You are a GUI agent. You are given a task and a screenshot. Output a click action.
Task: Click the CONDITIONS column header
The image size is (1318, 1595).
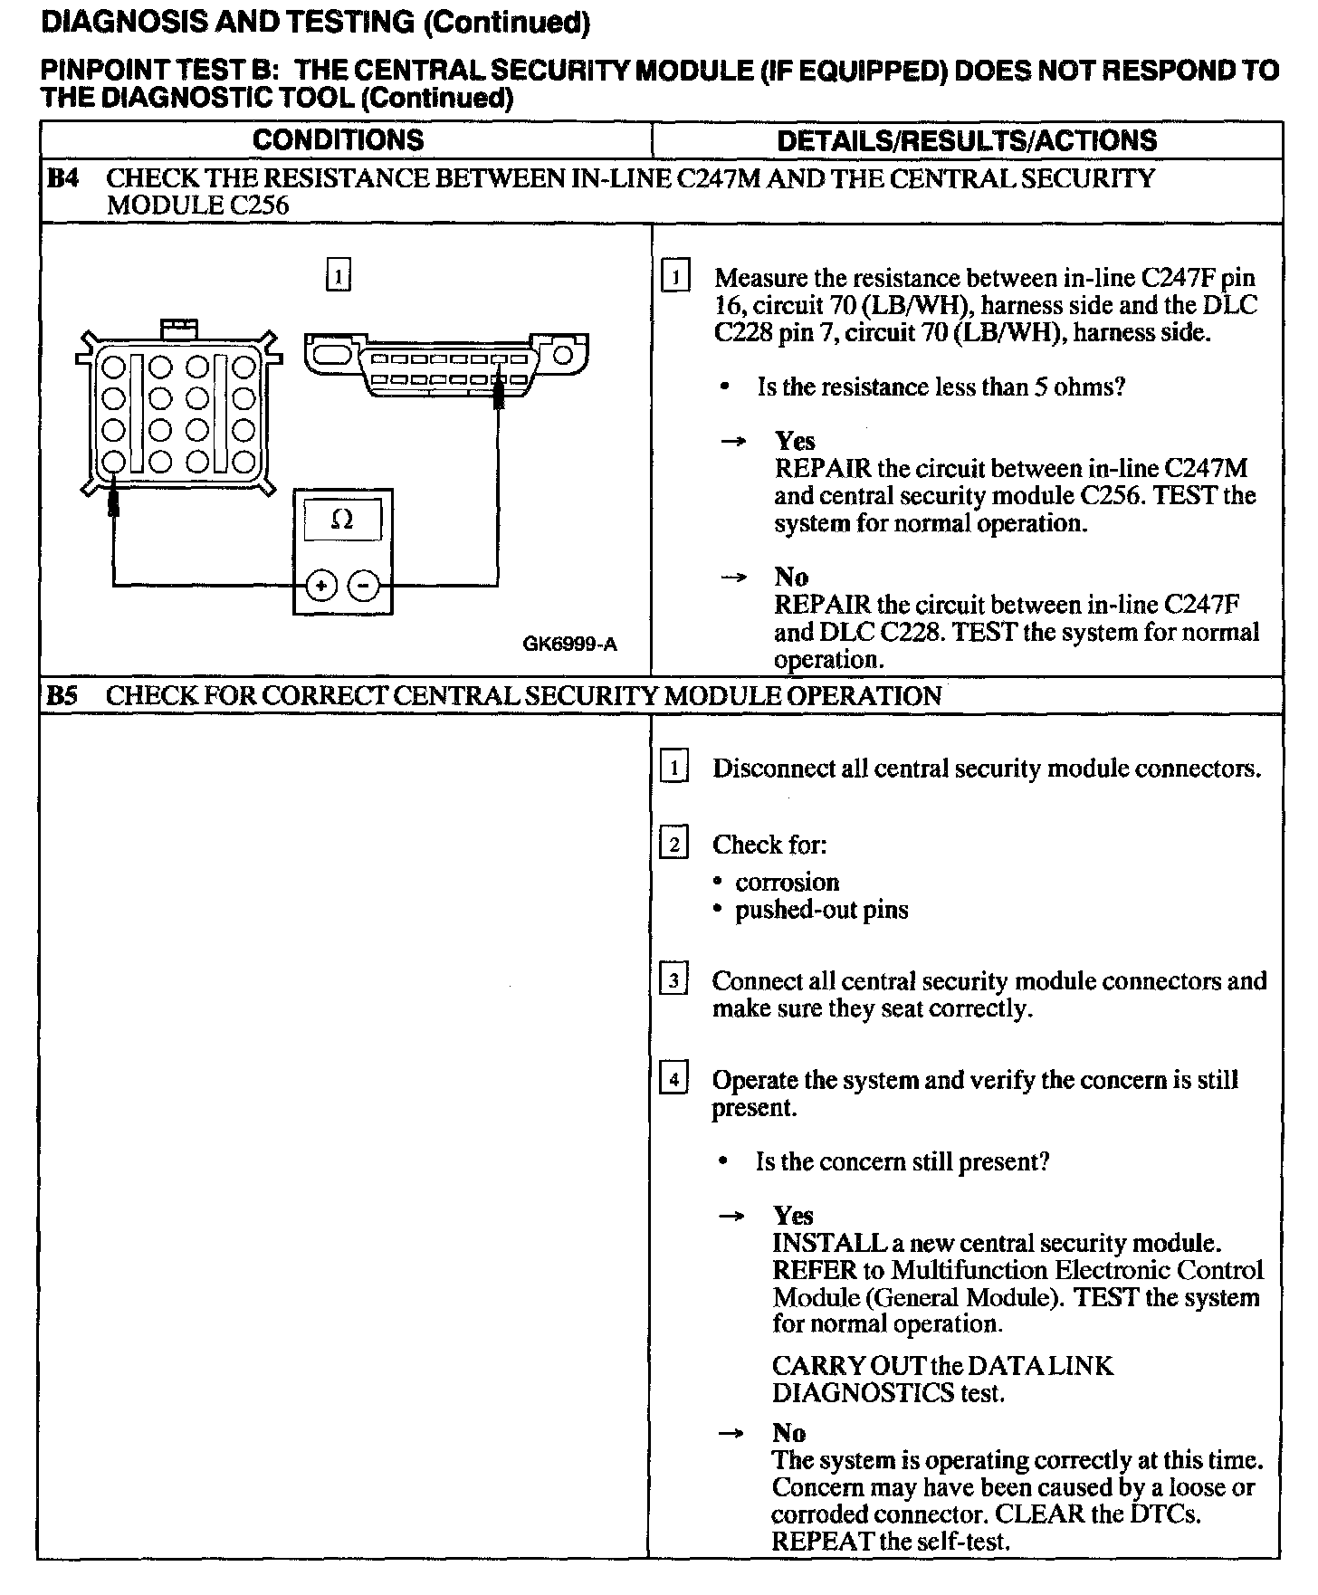click(x=338, y=140)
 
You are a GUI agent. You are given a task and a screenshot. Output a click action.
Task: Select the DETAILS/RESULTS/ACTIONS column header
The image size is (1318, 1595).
click(x=966, y=140)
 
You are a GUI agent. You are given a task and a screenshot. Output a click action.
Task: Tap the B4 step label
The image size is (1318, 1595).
click(x=63, y=178)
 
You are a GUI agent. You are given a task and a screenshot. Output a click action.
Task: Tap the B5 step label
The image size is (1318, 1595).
click(x=63, y=696)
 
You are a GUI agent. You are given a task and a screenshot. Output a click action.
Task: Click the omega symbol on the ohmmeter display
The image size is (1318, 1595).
click(x=342, y=520)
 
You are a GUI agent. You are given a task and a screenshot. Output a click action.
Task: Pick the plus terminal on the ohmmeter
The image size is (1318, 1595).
click(x=320, y=586)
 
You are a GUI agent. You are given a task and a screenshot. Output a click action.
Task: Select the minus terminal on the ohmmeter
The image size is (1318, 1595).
click(x=364, y=586)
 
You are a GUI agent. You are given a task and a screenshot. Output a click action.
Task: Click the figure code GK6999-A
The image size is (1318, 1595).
click(x=569, y=645)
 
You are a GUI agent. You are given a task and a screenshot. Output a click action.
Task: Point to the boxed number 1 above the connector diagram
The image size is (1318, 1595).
click(x=338, y=275)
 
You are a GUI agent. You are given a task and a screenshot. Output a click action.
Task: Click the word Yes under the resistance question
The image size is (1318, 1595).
click(x=795, y=441)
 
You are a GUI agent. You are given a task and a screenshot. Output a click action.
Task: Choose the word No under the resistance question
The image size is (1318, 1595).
click(x=791, y=577)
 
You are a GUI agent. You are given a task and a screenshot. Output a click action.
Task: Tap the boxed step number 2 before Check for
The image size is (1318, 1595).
click(x=673, y=845)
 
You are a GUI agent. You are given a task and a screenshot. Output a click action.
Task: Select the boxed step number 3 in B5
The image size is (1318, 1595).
click(x=673, y=980)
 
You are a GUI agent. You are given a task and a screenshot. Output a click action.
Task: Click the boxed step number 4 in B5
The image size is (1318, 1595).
click(x=673, y=1080)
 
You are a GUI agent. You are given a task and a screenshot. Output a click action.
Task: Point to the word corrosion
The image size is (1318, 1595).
click(x=787, y=883)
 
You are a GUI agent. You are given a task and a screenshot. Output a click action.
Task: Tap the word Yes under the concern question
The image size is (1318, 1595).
click(x=793, y=1216)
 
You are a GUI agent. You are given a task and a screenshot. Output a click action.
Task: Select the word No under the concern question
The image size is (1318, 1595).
click(x=788, y=1433)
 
